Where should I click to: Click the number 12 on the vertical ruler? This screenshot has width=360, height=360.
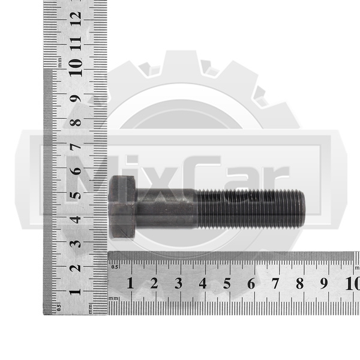pyautogui.click(x=76, y=19)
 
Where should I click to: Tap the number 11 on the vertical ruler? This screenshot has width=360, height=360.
pyautogui.click(x=76, y=44)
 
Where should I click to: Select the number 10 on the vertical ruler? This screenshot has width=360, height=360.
pyautogui.click(x=76, y=68)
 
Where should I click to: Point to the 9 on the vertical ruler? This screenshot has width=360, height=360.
pyautogui.click(x=76, y=99)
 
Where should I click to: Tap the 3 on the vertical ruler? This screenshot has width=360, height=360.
pyautogui.click(x=76, y=244)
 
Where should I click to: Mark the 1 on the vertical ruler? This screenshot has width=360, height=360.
pyautogui.click(x=76, y=292)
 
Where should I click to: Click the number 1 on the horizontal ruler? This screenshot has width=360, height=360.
pyautogui.click(x=130, y=283)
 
